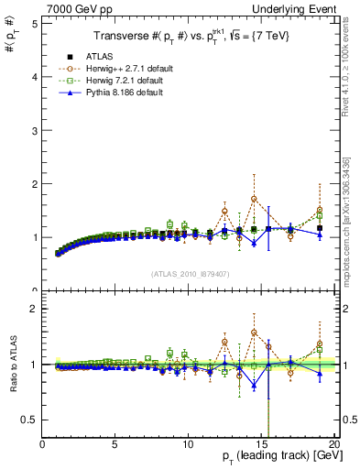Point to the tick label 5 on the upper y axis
point(34,23)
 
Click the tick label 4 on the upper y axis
point(34,77)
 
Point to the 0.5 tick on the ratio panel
point(29,419)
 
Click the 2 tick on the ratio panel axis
point(34,309)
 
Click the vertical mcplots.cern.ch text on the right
point(349,211)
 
